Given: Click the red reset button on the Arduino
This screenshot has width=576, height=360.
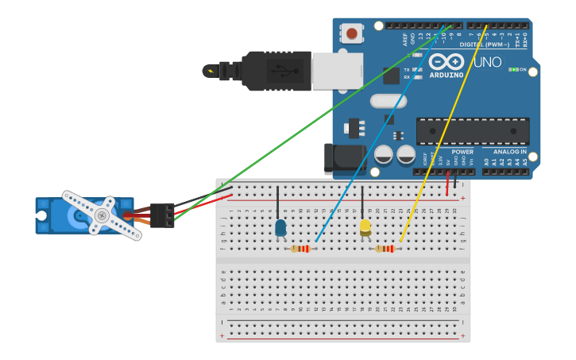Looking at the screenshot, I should (x=351, y=33).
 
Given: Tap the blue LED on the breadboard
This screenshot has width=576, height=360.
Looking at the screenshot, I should (x=280, y=228).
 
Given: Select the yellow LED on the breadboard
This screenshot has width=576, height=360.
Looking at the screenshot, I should (x=365, y=227).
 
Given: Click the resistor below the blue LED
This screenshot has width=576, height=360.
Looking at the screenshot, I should (x=300, y=249).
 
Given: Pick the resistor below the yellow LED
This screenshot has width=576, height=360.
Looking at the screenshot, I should (x=385, y=249).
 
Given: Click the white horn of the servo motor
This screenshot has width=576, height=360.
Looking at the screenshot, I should (x=102, y=215).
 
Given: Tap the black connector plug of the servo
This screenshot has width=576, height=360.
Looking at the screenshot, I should (x=162, y=215).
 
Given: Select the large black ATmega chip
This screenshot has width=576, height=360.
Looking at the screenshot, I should (x=473, y=131).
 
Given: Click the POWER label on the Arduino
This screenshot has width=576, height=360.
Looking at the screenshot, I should (x=462, y=151).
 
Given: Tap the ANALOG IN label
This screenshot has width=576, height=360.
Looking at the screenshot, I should (x=509, y=151).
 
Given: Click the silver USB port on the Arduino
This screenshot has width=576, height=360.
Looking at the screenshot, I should (x=337, y=72).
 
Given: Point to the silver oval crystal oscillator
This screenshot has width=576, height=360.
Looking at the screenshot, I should (x=365, y=101).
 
